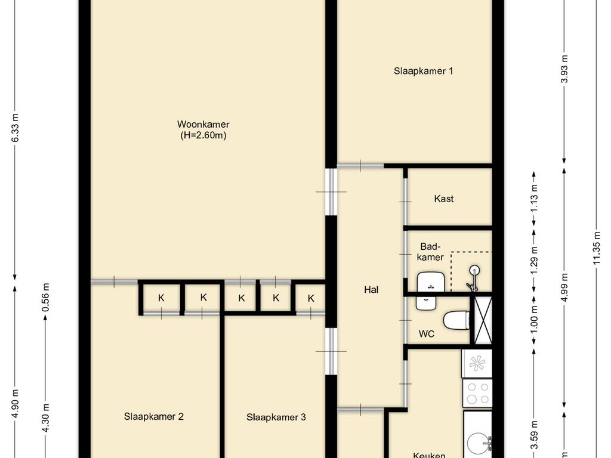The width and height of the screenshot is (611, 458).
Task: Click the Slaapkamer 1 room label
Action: [x=423, y=71]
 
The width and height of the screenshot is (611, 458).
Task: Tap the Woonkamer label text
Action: [x=203, y=125]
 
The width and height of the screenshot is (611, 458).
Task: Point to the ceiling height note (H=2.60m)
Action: [x=203, y=136]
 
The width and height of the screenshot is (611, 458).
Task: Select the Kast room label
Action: [x=443, y=199]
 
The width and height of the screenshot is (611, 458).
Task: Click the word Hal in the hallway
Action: [x=371, y=290]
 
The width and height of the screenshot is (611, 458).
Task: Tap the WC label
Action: [x=426, y=334]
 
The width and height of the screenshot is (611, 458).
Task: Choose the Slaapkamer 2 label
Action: [x=153, y=417]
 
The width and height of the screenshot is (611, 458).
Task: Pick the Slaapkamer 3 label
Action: [x=276, y=417]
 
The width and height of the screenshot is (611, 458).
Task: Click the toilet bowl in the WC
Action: [x=456, y=320]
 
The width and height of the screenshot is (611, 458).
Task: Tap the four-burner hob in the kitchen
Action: [x=477, y=393]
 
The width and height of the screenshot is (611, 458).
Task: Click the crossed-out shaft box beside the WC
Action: [x=482, y=320]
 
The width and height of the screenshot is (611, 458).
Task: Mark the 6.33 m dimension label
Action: [x=16, y=128]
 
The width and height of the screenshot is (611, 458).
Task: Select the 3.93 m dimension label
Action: [x=564, y=70]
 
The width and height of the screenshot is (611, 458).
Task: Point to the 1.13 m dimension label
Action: [x=534, y=198]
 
